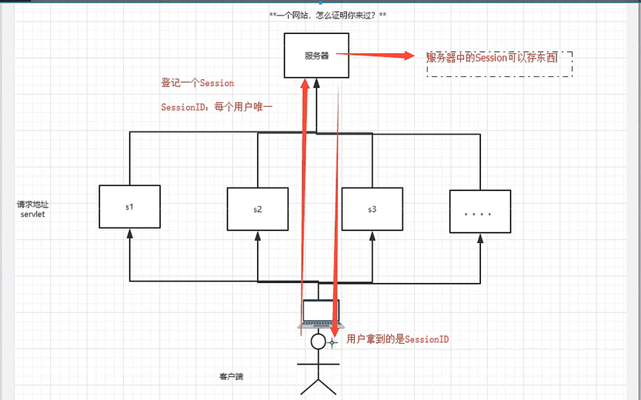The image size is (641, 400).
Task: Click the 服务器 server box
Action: (316, 56)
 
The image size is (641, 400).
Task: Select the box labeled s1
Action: (130, 207)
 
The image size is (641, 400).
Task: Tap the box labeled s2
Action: (257, 209)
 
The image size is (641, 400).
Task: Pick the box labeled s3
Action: (372, 209)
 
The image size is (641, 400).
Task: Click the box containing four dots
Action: (479, 213)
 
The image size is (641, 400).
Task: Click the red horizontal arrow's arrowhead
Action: (408, 56)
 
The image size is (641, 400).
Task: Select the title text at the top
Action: (327, 15)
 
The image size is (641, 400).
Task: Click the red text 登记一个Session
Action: (197, 83)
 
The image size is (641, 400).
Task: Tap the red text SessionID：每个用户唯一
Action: (216, 107)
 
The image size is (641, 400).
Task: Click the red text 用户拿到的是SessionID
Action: (398, 339)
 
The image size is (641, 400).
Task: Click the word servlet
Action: (33, 214)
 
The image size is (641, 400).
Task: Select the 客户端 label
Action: (230, 376)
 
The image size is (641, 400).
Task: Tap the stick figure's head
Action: (319, 341)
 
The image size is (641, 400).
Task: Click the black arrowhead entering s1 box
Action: (130, 233)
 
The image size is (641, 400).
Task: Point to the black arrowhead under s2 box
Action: (257, 236)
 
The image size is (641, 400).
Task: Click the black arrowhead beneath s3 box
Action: (372, 236)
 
